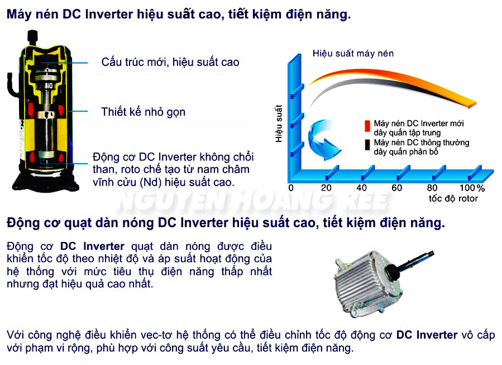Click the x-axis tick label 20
point(326,188)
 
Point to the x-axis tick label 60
point(397,188)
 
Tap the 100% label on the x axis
point(472,188)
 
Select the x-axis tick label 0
point(290,188)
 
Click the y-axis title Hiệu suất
point(279,124)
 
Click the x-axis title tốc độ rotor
point(453,198)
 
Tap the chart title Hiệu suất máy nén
point(353,54)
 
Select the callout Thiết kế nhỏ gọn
point(143,112)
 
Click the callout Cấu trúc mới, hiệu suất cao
point(170,62)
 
